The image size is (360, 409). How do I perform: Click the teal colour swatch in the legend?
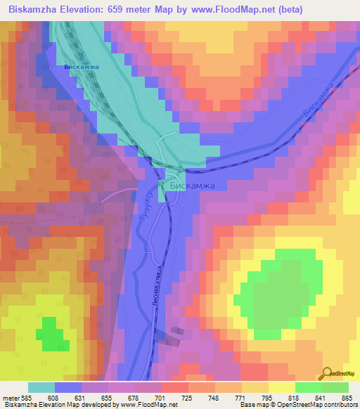tap(41, 387)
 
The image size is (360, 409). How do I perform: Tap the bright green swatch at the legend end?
tap(335, 387)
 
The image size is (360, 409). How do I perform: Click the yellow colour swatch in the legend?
tap(281, 387)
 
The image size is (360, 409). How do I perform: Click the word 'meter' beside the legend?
tap(11, 397)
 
